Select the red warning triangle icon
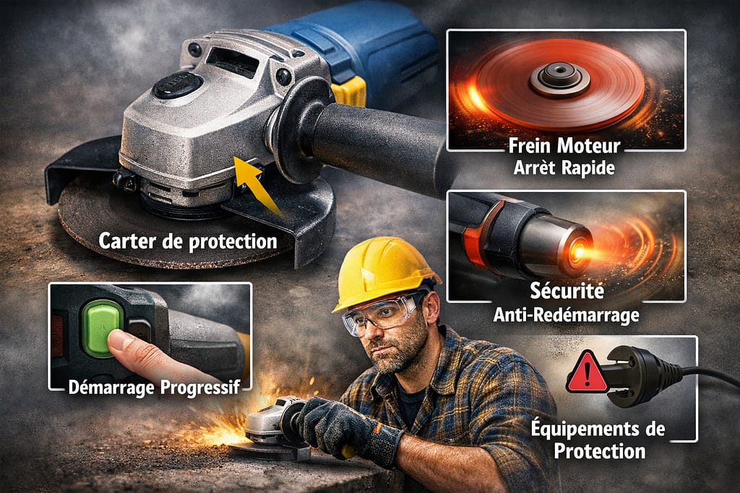[x=586, y=373]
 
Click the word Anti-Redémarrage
[x=566, y=315]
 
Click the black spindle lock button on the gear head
[x=176, y=85]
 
